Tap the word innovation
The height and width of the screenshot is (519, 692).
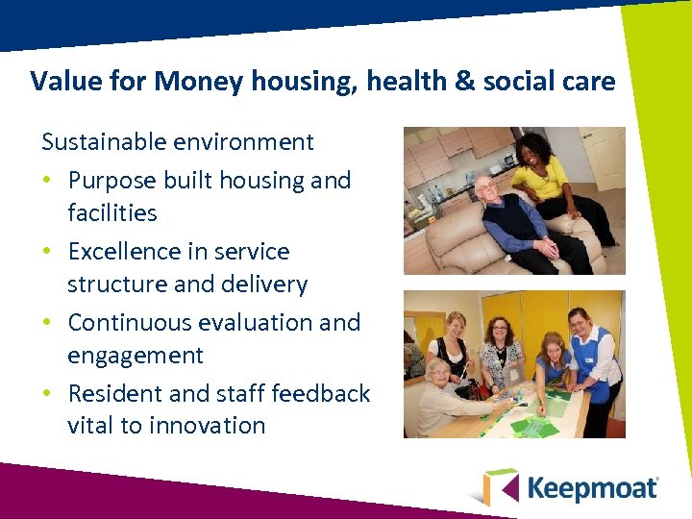point(207,426)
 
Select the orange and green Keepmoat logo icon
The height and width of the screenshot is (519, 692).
point(500,487)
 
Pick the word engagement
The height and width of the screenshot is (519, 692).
point(136,356)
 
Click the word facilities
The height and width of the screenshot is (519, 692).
point(111,212)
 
